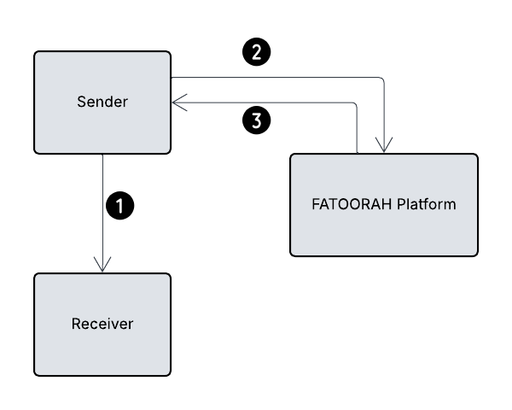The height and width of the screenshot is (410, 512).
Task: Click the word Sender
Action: click(102, 102)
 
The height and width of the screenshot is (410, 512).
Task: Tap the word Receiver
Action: click(102, 324)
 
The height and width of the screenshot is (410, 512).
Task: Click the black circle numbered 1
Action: click(120, 205)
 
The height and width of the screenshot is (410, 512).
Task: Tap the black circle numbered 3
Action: click(257, 120)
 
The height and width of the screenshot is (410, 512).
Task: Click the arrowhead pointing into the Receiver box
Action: click(102, 266)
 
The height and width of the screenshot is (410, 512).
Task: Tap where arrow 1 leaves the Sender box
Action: click(102, 155)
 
